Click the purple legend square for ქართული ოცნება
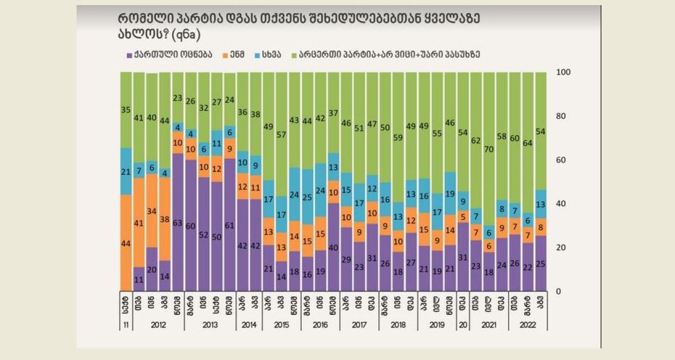[x=129, y=55]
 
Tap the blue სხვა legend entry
[x=273, y=55]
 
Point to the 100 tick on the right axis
[x=563, y=73]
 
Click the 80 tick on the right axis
[x=561, y=117]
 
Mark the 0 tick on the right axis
[x=559, y=291]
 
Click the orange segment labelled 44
[x=125, y=243]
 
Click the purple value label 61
[x=229, y=226]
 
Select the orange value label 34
[x=151, y=211]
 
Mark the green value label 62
[x=476, y=141]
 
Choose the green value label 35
[x=125, y=111]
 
